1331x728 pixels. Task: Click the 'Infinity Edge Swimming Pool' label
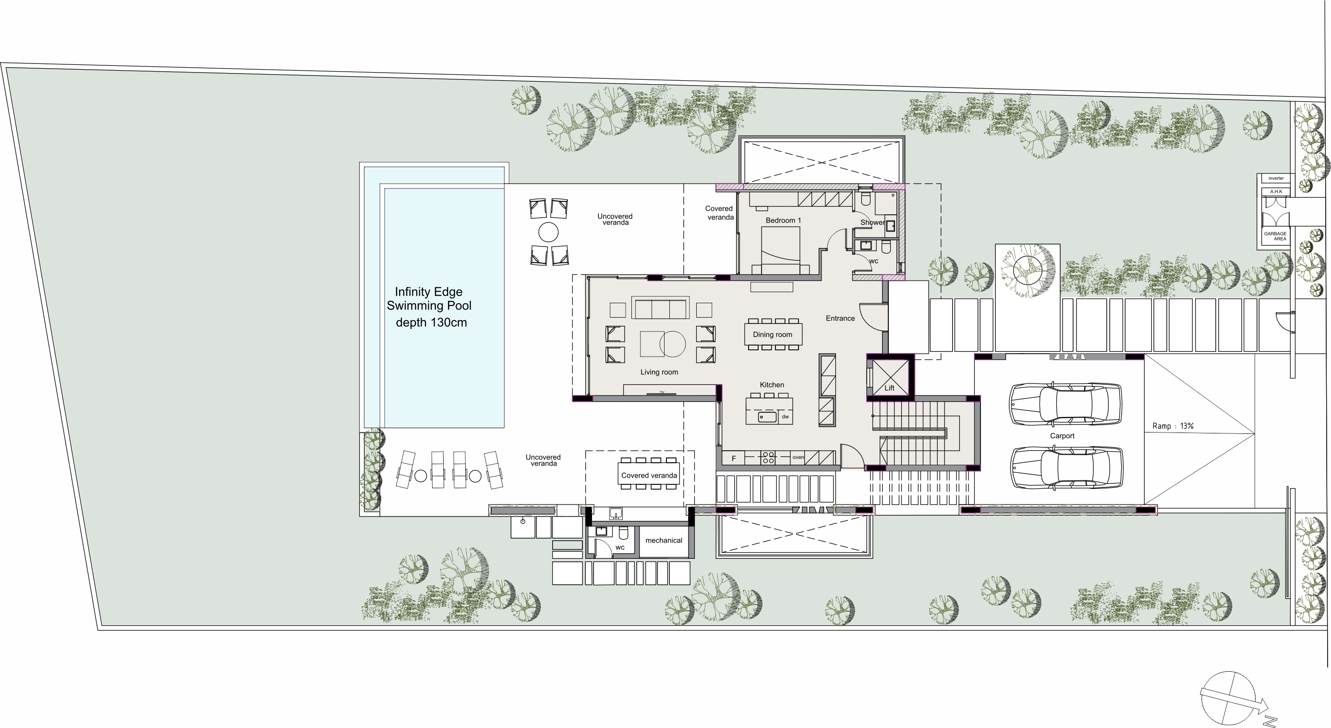click(429, 299)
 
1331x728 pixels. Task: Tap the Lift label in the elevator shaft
click(889, 388)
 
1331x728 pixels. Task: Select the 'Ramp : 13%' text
click(1173, 426)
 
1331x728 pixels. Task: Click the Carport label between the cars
click(1062, 436)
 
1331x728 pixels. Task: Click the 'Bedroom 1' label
click(783, 220)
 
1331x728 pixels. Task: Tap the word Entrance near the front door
click(840, 318)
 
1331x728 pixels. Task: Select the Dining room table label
click(773, 334)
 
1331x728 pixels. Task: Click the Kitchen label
click(772, 385)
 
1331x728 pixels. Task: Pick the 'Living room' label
click(659, 372)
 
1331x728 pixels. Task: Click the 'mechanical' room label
click(664, 540)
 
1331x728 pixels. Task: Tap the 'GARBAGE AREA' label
click(1275, 236)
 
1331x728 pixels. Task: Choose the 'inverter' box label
click(1276, 178)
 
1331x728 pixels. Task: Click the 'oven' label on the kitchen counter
click(799, 457)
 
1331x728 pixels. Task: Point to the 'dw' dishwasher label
click(786, 417)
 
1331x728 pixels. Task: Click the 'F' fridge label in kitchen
click(734, 458)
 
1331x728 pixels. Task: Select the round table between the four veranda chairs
click(548, 232)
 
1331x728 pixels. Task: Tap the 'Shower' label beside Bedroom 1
click(872, 222)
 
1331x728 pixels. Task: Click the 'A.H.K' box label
click(1276, 192)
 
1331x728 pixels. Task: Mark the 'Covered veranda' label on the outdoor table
click(649, 475)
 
